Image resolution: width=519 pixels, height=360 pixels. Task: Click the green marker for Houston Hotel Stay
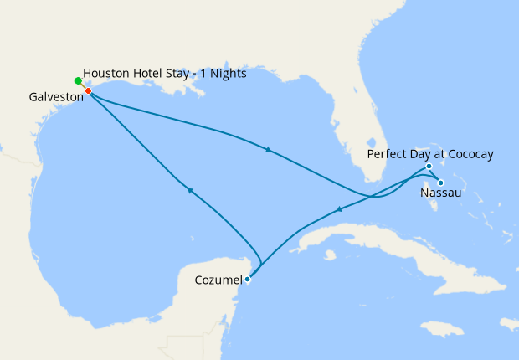point(78,81)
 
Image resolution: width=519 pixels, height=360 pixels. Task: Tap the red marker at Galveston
point(88,90)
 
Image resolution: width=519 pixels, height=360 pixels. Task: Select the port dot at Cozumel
point(248,280)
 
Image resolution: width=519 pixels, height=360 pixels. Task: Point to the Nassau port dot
point(440,183)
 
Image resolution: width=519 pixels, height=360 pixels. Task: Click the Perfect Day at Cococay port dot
point(429,167)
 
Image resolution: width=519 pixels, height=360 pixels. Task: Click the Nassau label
point(440,193)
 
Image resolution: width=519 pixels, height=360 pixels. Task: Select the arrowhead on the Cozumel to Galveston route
point(191,190)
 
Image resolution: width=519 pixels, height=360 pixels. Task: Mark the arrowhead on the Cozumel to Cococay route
point(338,209)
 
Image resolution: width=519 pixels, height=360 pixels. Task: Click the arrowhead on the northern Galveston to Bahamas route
point(267,150)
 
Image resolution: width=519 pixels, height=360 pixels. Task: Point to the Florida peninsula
point(372,142)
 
